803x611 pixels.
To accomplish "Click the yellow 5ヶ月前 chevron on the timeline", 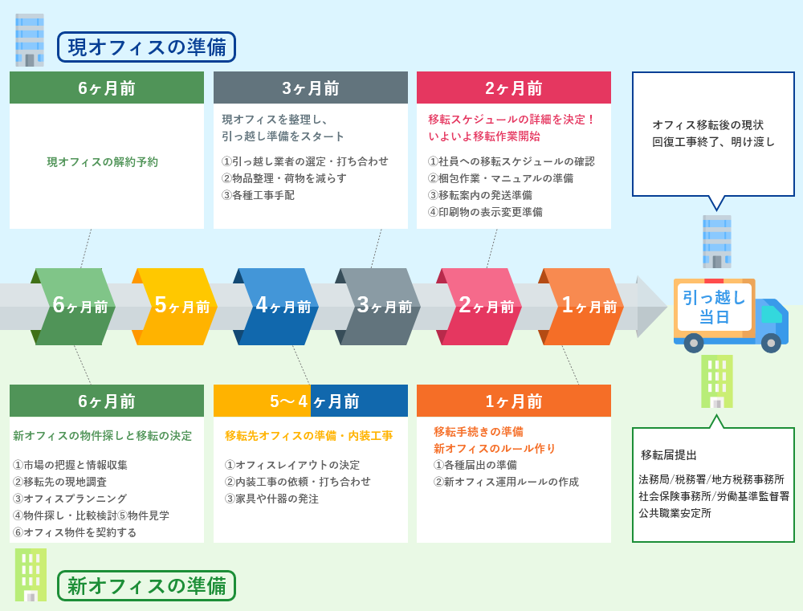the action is (x=174, y=306).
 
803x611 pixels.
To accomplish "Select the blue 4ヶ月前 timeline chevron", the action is (x=275, y=306).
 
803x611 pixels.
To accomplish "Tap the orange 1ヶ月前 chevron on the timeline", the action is (x=581, y=306).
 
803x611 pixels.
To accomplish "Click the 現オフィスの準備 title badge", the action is (x=146, y=47).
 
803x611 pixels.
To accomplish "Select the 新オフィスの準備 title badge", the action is (x=146, y=585).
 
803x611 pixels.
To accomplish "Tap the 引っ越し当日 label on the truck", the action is (x=715, y=307).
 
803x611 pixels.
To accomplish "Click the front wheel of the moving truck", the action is (x=771, y=343).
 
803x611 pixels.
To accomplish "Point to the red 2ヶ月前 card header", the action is (x=514, y=88).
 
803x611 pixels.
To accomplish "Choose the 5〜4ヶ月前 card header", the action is (x=310, y=401).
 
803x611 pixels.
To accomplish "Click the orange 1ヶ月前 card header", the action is (x=514, y=401).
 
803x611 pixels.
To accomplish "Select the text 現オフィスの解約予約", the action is (x=103, y=162).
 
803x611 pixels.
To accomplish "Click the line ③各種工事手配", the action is (x=258, y=195).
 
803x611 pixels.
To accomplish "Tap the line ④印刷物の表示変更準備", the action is (x=485, y=212).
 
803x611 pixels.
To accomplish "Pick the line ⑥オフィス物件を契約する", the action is (x=75, y=532).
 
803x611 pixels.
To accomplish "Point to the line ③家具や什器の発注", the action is (x=271, y=499).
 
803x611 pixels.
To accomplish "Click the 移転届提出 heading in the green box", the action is (x=669, y=454).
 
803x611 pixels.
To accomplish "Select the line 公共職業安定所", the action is (x=675, y=513).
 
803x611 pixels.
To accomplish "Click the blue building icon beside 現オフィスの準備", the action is (x=30, y=40).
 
